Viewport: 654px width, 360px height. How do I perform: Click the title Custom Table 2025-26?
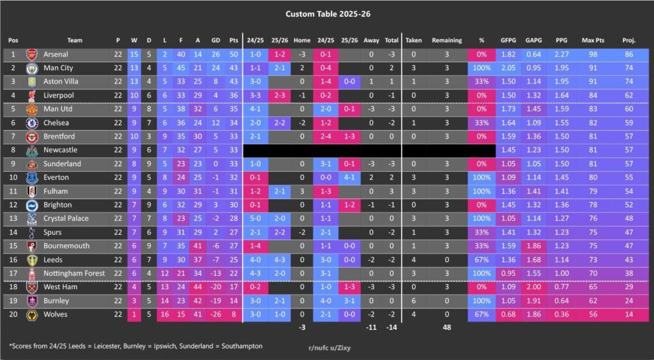(326, 13)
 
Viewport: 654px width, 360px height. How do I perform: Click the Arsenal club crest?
(31, 55)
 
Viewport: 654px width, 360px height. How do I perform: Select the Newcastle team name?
(60, 150)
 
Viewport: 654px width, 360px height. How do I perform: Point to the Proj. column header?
(628, 40)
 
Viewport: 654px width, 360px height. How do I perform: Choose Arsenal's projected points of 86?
(628, 55)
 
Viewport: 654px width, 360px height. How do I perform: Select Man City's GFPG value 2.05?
(508, 68)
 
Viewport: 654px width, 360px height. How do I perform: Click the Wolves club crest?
(31, 314)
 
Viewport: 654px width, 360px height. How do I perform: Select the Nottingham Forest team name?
(73, 273)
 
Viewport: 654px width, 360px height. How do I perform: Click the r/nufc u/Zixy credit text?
(330, 348)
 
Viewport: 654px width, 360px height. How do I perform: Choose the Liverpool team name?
(58, 96)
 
